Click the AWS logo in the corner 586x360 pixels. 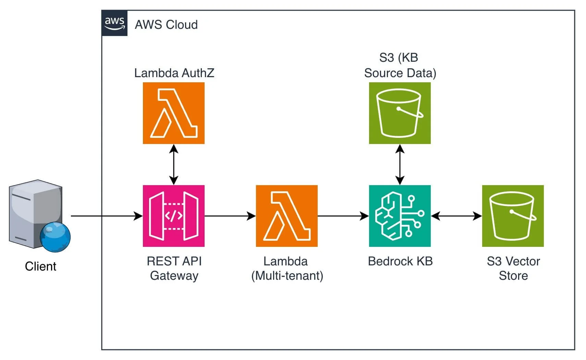pyautogui.click(x=114, y=23)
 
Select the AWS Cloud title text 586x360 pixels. pyautogui.click(x=166, y=25)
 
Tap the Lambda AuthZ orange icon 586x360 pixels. pyautogui.click(x=174, y=113)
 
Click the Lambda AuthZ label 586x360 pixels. pyautogui.click(x=174, y=73)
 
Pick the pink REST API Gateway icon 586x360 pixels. pyautogui.click(x=174, y=216)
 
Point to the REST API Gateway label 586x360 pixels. pyautogui.click(x=174, y=268)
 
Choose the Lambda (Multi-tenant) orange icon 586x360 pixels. pyautogui.click(x=287, y=216)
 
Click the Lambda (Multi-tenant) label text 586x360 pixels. pyautogui.click(x=287, y=268)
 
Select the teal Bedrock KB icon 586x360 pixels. pyautogui.click(x=400, y=216)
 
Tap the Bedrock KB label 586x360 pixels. pyautogui.click(x=400, y=261)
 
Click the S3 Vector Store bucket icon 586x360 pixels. pyautogui.click(x=513, y=216)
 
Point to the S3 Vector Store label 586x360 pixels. pyautogui.click(x=513, y=268)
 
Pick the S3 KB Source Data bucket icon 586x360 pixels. pyautogui.click(x=400, y=113)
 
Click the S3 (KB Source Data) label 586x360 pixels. pyautogui.click(x=400, y=65)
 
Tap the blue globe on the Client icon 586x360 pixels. pyautogui.click(x=55, y=237)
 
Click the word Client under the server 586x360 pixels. pyautogui.click(x=40, y=266)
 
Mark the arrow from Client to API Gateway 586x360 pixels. pyautogui.click(x=106, y=216)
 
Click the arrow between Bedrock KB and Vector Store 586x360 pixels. pyautogui.click(x=456, y=216)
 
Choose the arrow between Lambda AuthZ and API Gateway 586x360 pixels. pyautogui.click(x=174, y=165)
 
